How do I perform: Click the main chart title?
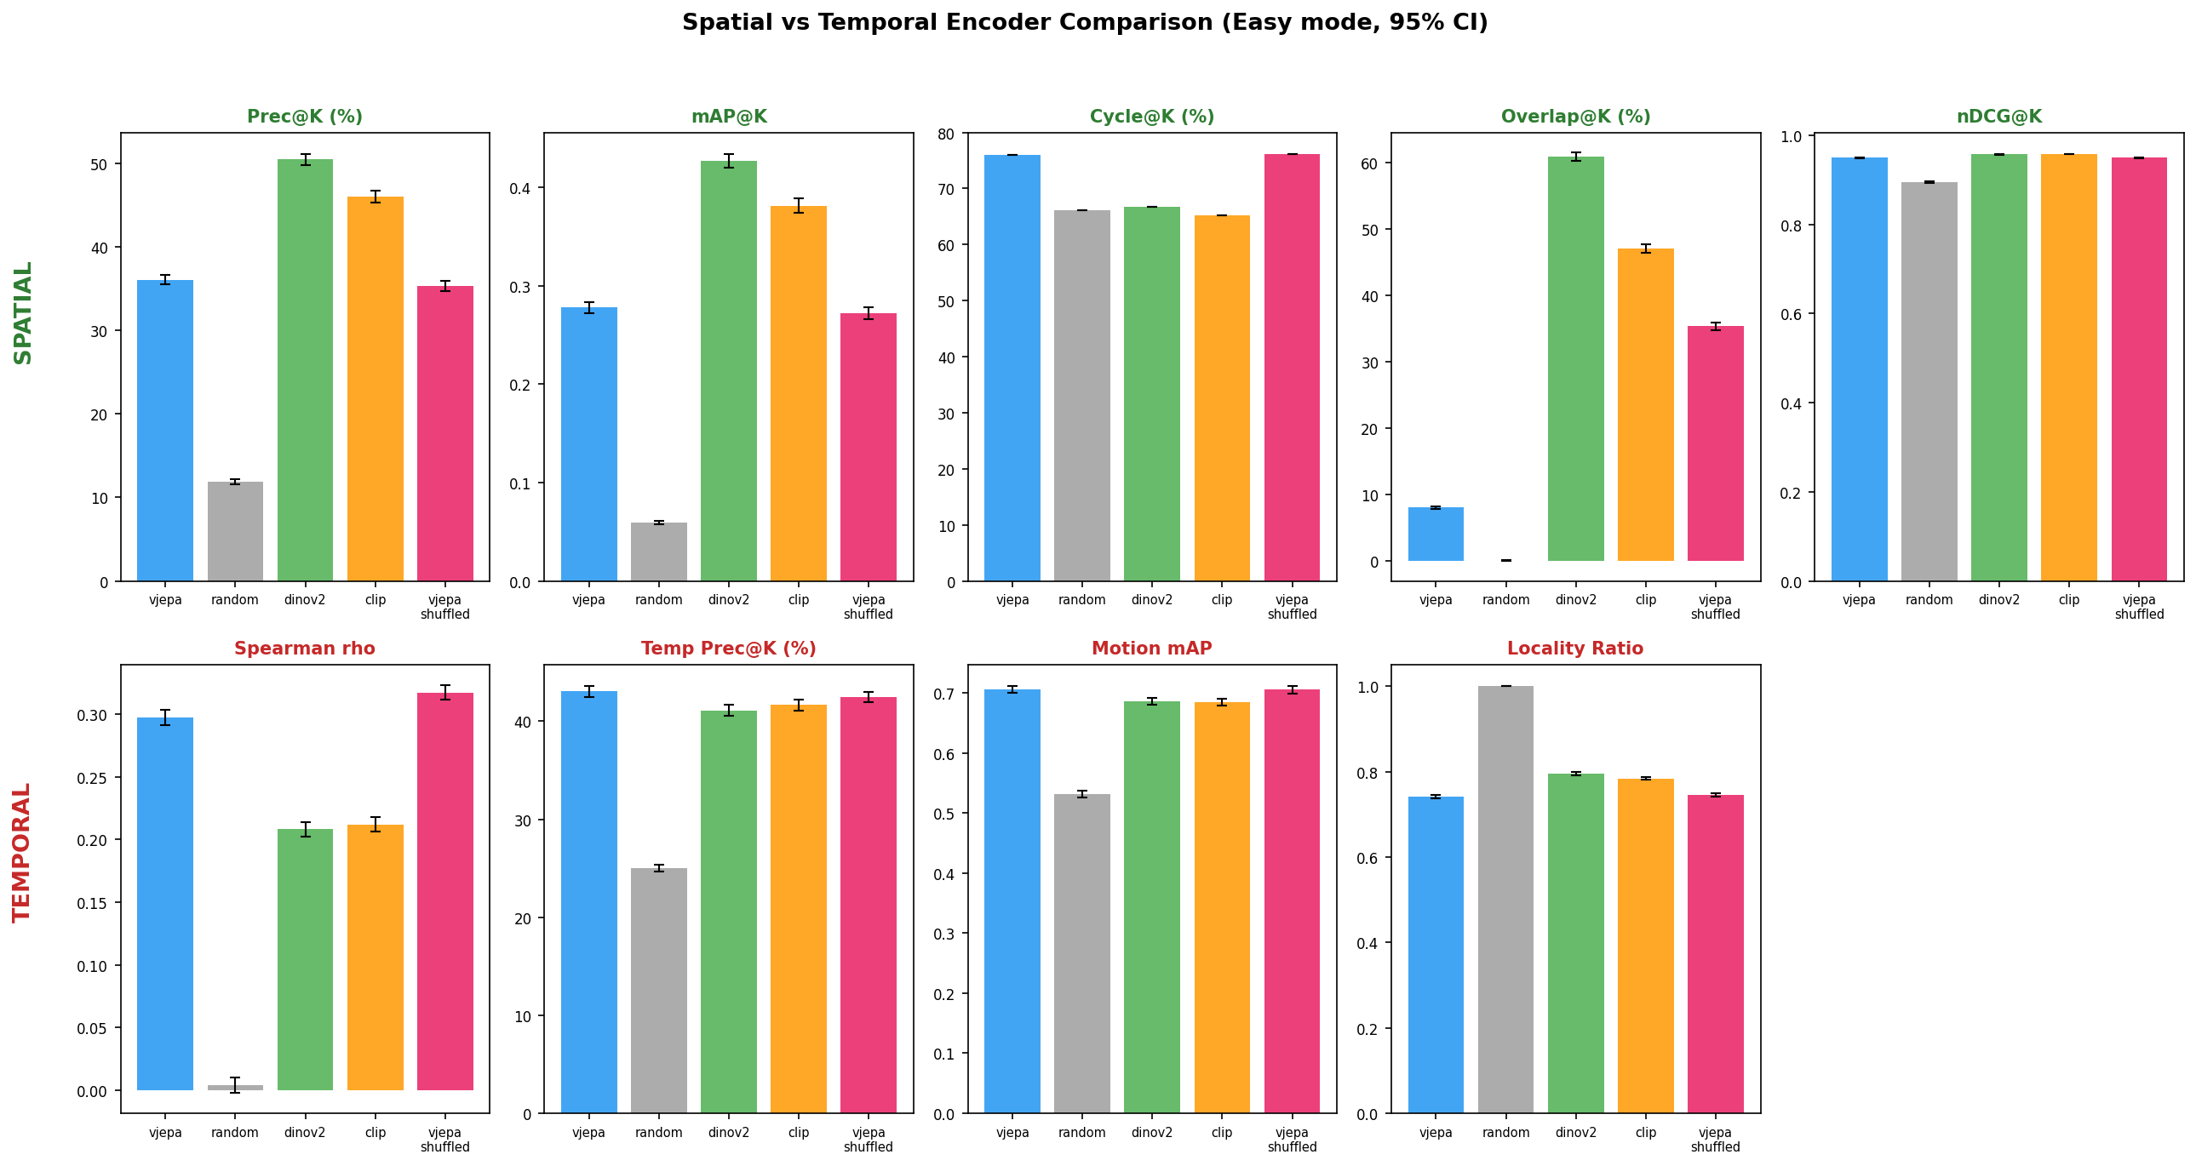coord(1084,23)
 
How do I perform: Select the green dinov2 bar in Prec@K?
coord(305,371)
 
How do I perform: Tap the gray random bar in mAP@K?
coord(658,552)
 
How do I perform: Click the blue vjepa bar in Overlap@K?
coord(1436,534)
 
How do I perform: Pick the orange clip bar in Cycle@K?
coord(1222,398)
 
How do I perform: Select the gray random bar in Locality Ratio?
coord(1505,900)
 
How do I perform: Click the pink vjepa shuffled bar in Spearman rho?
coord(445,891)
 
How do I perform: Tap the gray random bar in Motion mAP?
coord(1081,953)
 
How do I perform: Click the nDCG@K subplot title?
coord(1999,117)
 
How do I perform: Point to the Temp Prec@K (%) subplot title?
coord(728,649)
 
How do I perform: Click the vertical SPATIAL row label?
coord(23,313)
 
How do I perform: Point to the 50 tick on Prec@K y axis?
coord(100,164)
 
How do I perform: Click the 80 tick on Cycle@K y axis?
coord(946,134)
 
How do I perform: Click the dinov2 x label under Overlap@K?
coord(1575,600)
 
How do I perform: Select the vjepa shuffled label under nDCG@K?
coord(2139,607)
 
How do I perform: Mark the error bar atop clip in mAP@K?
coord(799,205)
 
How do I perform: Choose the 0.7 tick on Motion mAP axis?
coord(943,694)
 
